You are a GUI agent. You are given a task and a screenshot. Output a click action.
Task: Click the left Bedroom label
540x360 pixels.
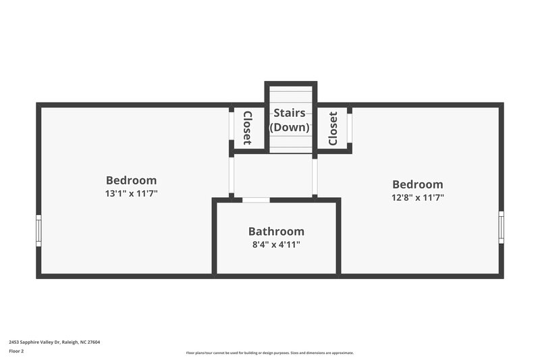pyautogui.click(x=131, y=180)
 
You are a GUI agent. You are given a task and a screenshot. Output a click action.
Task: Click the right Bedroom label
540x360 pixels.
pyautogui.click(x=418, y=184)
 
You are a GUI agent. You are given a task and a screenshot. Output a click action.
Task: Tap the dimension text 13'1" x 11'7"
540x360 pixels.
pyautogui.click(x=131, y=194)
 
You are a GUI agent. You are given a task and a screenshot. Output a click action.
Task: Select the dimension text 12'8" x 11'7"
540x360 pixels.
pyautogui.click(x=418, y=198)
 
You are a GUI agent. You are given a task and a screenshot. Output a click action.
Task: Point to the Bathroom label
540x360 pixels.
pyautogui.click(x=276, y=231)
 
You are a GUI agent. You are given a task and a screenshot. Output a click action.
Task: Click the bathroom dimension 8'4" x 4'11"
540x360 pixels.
pyautogui.click(x=276, y=245)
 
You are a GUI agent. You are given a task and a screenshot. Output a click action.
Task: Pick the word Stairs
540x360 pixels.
pyautogui.click(x=290, y=113)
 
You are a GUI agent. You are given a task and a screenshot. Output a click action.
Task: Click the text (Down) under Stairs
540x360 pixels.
pyautogui.click(x=290, y=127)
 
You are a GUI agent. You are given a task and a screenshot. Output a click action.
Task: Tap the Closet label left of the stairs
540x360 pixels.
pyautogui.click(x=247, y=128)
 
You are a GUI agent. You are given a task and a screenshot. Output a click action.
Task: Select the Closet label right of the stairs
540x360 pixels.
pyautogui.click(x=333, y=128)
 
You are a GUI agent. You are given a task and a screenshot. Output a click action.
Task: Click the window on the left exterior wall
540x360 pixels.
pyautogui.click(x=38, y=230)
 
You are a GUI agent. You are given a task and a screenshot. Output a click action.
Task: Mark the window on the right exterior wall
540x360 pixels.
pyautogui.click(x=501, y=227)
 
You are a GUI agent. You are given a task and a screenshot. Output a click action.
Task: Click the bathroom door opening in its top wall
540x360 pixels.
pyautogui.click(x=256, y=200)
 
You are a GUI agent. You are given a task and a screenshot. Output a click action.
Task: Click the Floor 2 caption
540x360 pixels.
pyautogui.click(x=16, y=352)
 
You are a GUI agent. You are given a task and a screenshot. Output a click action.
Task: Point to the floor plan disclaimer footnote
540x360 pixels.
pyautogui.click(x=269, y=353)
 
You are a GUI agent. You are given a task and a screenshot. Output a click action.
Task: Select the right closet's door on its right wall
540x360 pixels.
pyautogui.click(x=350, y=126)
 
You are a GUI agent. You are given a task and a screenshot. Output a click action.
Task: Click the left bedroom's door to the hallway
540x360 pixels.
pyautogui.click(x=231, y=176)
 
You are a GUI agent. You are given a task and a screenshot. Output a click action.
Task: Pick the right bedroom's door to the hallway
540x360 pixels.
pyautogui.click(x=315, y=176)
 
